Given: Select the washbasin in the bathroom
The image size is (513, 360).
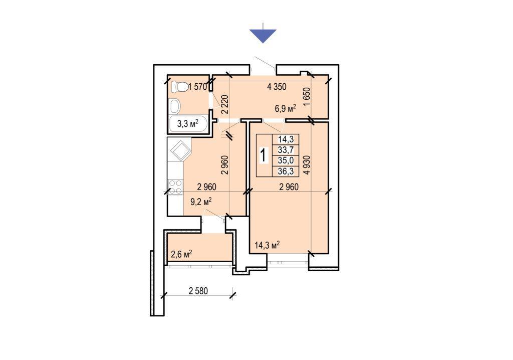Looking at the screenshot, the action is (x=176, y=105).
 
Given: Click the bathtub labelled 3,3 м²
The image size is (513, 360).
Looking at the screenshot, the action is (x=188, y=124).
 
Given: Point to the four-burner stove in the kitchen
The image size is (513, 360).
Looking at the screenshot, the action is (x=175, y=187).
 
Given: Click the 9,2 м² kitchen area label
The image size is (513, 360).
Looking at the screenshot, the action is (x=201, y=202).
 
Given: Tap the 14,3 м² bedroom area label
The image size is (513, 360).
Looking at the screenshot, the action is (x=267, y=245).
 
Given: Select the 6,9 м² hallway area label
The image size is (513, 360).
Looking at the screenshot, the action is (x=285, y=108).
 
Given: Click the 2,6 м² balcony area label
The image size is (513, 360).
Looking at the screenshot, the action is (x=181, y=254).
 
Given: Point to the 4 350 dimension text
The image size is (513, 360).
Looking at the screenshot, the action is (x=277, y=87).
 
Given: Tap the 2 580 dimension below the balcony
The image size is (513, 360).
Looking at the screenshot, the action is (x=198, y=290).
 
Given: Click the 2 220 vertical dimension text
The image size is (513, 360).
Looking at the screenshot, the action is (x=224, y=104).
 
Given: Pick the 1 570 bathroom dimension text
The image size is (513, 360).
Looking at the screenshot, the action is (x=197, y=87).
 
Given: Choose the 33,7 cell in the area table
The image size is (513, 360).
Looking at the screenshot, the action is (x=286, y=150).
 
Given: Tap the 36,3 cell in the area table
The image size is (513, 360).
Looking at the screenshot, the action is (x=286, y=171).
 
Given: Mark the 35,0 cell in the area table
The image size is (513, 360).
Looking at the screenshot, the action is (x=286, y=160).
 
